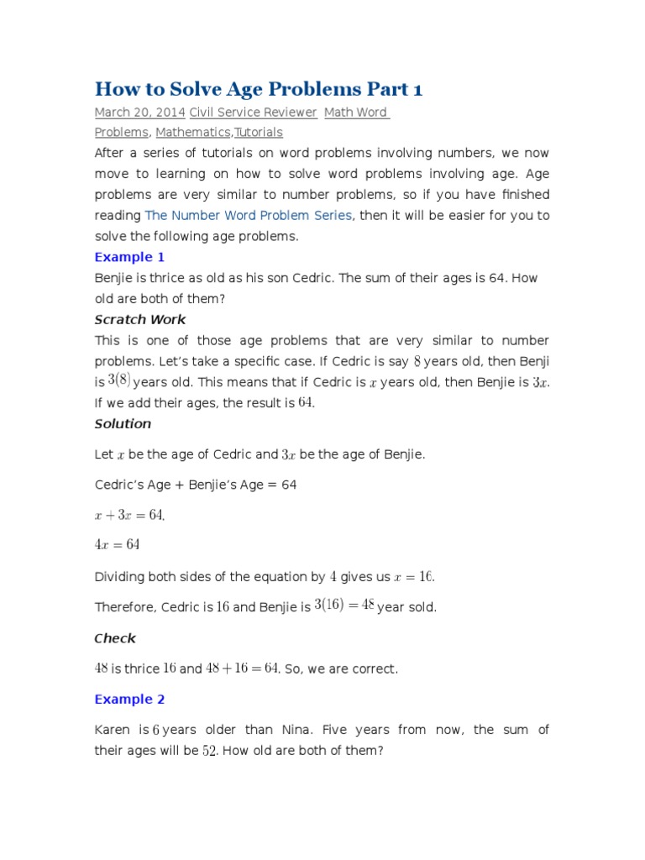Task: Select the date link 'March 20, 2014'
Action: [x=139, y=112]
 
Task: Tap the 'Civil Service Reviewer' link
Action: [x=253, y=112]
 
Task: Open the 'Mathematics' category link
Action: [x=192, y=132]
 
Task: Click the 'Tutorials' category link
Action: [x=259, y=132]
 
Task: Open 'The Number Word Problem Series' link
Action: [x=249, y=215]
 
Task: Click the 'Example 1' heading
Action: [x=123, y=257]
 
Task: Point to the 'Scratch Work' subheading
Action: [x=140, y=319]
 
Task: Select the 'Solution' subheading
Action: [x=123, y=423]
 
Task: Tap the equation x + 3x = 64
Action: [x=128, y=515]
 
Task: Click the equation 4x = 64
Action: [x=117, y=544]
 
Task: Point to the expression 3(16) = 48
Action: [x=344, y=606]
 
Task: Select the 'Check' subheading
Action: [x=115, y=638]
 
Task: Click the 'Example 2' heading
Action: [x=129, y=699]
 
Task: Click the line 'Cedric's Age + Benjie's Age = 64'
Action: [x=196, y=485]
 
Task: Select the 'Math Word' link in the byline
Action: [x=357, y=112]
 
